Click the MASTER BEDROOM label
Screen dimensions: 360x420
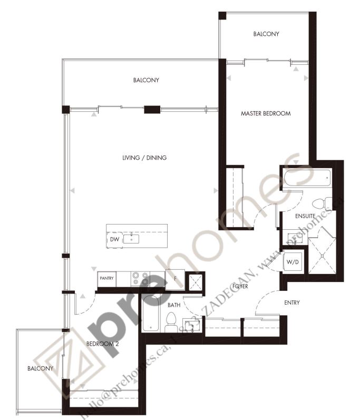pos(266,114)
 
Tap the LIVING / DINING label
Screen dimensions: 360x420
pos(144,158)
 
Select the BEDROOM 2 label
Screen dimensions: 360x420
pos(102,344)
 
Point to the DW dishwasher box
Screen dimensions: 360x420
pos(115,240)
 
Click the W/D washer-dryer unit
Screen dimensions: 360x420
pos(293,262)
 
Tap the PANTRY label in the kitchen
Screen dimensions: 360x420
pos(106,278)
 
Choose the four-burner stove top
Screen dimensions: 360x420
pos(140,279)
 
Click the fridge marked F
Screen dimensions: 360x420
pos(175,279)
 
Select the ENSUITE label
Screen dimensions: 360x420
pos(305,216)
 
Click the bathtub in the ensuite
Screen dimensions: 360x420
pos(307,178)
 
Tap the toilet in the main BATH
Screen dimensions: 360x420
pos(171,322)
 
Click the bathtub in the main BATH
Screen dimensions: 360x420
pos(151,313)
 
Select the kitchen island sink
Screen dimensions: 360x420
pos(131,239)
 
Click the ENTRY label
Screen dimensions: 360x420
pos(292,302)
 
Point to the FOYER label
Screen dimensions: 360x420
pos(240,286)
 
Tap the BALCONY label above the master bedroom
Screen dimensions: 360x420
pos(266,34)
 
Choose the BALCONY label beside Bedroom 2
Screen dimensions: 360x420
pos(41,368)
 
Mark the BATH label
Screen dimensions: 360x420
pos(174,305)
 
